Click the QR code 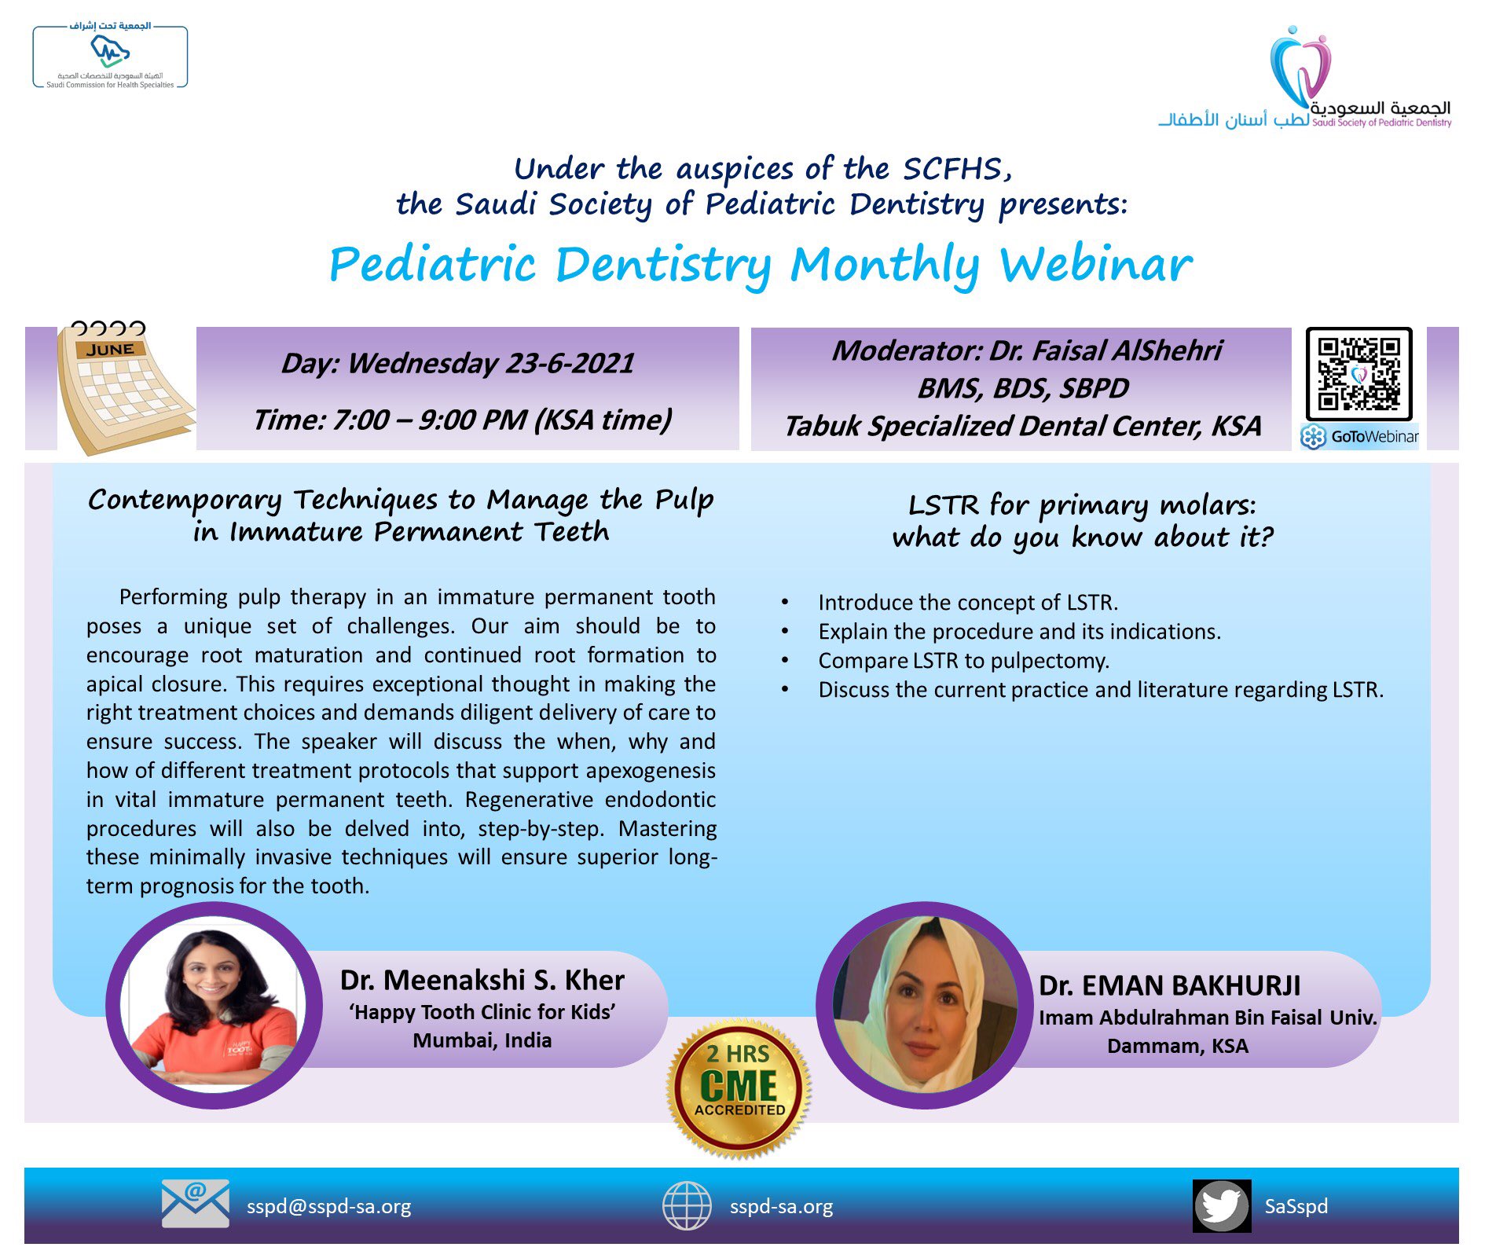pos(1358,374)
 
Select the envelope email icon pos(196,1203)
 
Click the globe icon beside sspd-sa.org pos(687,1206)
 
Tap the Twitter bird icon pos(1222,1206)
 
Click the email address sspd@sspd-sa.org pos(328,1206)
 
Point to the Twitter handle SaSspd pos(1296,1206)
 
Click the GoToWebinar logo pos(1360,437)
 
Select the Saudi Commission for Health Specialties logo pos(110,57)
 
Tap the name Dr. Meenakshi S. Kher pos(482,980)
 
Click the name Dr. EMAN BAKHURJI pos(1169,985)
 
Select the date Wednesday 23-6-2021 pos(490,363)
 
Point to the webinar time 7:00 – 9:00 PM pos(429,420)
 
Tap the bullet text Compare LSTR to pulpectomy pos(963,661)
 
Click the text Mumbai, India pos(482,1040)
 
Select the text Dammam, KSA pos(1178,1046)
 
